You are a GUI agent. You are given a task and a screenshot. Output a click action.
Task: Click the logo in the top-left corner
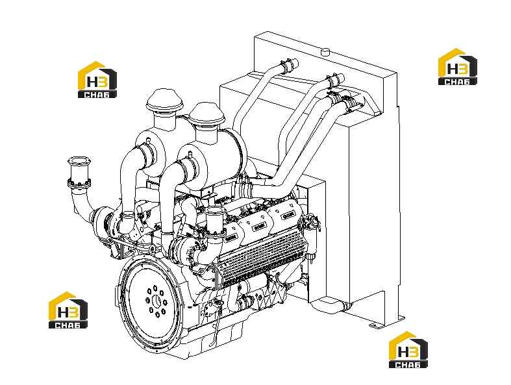(97, 80)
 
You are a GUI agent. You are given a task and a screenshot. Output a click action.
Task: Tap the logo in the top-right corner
(457, 67)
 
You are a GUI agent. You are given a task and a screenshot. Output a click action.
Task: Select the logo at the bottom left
(68, 310)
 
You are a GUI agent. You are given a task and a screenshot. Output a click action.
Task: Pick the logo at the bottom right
(408, 350)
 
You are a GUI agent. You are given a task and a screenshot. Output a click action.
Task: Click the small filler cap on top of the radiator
(325, 52)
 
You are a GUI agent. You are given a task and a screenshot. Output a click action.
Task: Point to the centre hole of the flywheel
(156, 301)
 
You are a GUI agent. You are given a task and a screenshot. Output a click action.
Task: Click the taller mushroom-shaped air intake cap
(164, 101)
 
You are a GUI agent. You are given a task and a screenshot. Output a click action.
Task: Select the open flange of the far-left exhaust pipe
(79, 162)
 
